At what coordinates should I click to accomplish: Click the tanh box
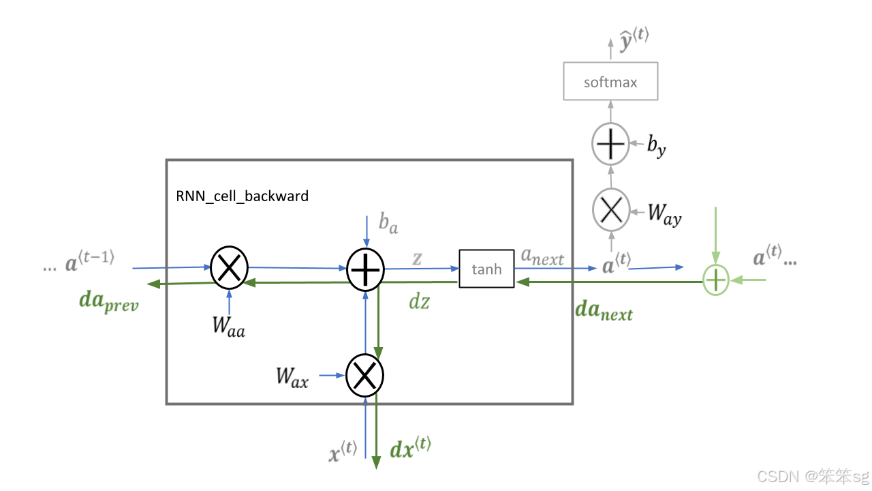[x=486, y=269]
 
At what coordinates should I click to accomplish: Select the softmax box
[x=610, y=82]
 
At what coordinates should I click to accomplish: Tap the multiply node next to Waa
[x=229, y=269]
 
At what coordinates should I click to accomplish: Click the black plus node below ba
[x=366, y=269]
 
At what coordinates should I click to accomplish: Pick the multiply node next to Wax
[x=365, y=374]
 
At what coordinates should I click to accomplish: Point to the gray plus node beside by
[x=610, y=145]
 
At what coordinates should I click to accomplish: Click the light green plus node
[x=716, y=279]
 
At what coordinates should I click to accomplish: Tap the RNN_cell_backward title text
[x=242, y=196]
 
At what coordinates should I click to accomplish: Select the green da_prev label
[x=109, y=301]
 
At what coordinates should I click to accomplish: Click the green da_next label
[x=604, y=311]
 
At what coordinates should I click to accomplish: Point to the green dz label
[x=419, y=301]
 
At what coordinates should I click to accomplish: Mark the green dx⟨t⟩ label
[x=410, y=447]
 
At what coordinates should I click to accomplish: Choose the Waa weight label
[x=228, y=326]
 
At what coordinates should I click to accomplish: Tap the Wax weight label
[x=292, y=376]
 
